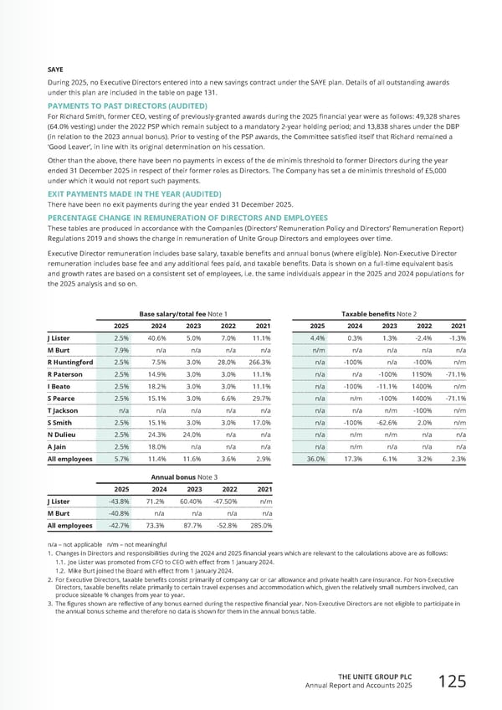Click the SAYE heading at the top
tap(57, 70)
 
